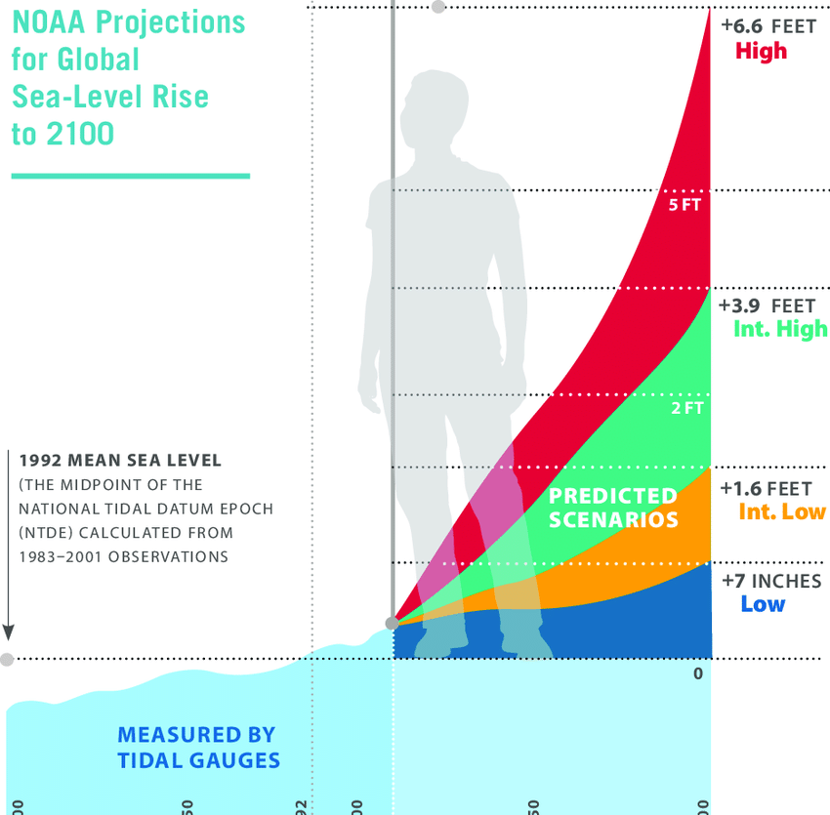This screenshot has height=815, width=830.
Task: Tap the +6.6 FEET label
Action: coord(768,26)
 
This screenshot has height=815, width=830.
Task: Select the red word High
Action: coord(761,51)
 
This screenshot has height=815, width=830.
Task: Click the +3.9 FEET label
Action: coord(767,306)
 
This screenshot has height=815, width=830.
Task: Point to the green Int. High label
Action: coord(780,329)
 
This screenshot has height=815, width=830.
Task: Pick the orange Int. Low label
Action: coord(782,511)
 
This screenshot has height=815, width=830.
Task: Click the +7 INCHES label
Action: coord(771,581)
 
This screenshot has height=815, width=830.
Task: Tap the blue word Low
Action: coord(763,603)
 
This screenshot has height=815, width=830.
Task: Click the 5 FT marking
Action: coord(685,206)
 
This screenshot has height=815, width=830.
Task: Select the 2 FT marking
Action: coord(686,409)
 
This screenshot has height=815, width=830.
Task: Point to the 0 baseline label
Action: coord(697,673)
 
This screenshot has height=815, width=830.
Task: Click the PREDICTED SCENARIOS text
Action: coord(613,508)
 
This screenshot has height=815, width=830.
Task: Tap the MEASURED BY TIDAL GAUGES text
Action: coord(197,748)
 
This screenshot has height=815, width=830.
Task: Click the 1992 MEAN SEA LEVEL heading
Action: coord(120,460)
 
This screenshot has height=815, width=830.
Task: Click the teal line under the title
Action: coord(130,176)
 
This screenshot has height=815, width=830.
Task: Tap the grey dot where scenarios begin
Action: coord(393,623)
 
